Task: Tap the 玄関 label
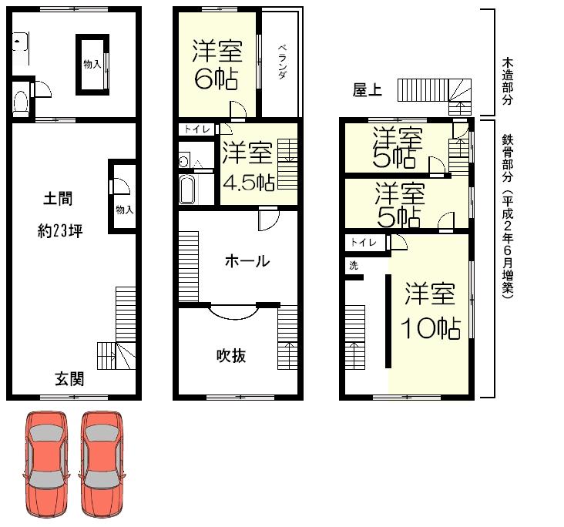[69, 379]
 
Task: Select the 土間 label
[59, 199]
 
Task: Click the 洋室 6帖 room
[218, 65]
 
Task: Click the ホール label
[247, 261]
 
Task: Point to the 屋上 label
[367, 91]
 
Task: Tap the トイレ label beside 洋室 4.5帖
[197, 130]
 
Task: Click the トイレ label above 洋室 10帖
[364, 243]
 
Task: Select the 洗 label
[353, 265]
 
